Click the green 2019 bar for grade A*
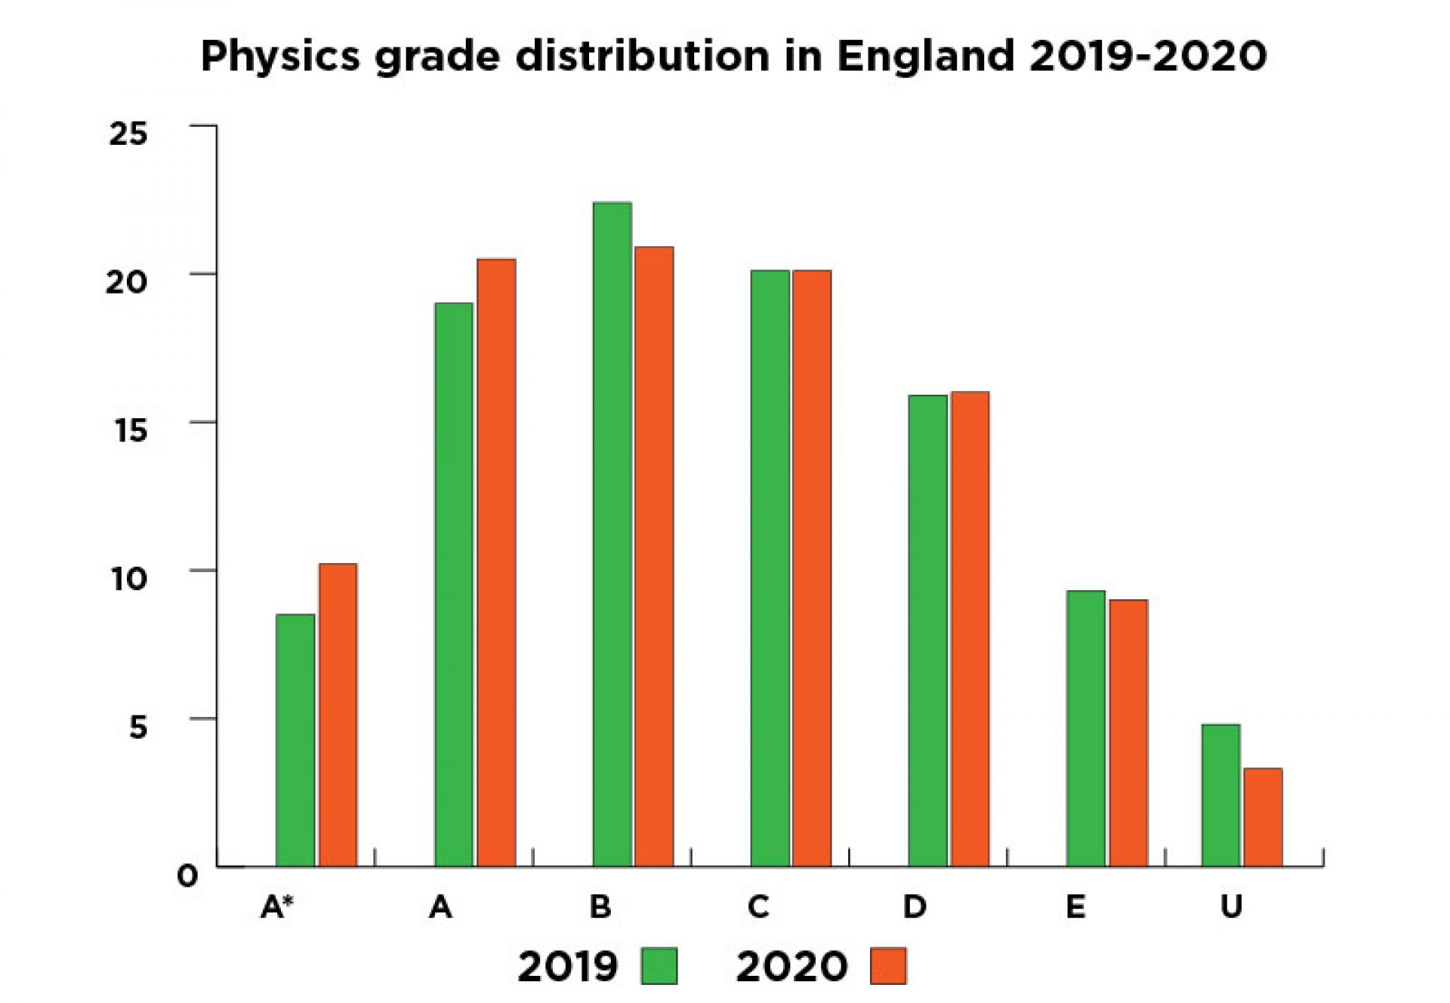coord(295,740)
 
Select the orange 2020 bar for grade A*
coord(338,715)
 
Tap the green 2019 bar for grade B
coord(612,534)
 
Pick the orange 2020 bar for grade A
coord(496,562)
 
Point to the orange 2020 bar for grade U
coord(1263,817)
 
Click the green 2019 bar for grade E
coord(1086,728)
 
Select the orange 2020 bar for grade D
coord(970,629)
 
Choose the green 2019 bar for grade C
coord(770,568)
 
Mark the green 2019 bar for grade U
coord(1220,795)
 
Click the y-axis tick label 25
coord(128,134)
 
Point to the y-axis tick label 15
coord(128,431)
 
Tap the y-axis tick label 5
coord(137,728)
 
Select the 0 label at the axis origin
coord(187,876)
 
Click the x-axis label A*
coord(276,907)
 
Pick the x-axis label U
coord(1231,907)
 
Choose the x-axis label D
coord(915,907)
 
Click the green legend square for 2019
coord(659,966)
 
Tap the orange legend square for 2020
coord(888,966)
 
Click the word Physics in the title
coord(280,57)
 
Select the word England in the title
coord(925,57)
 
